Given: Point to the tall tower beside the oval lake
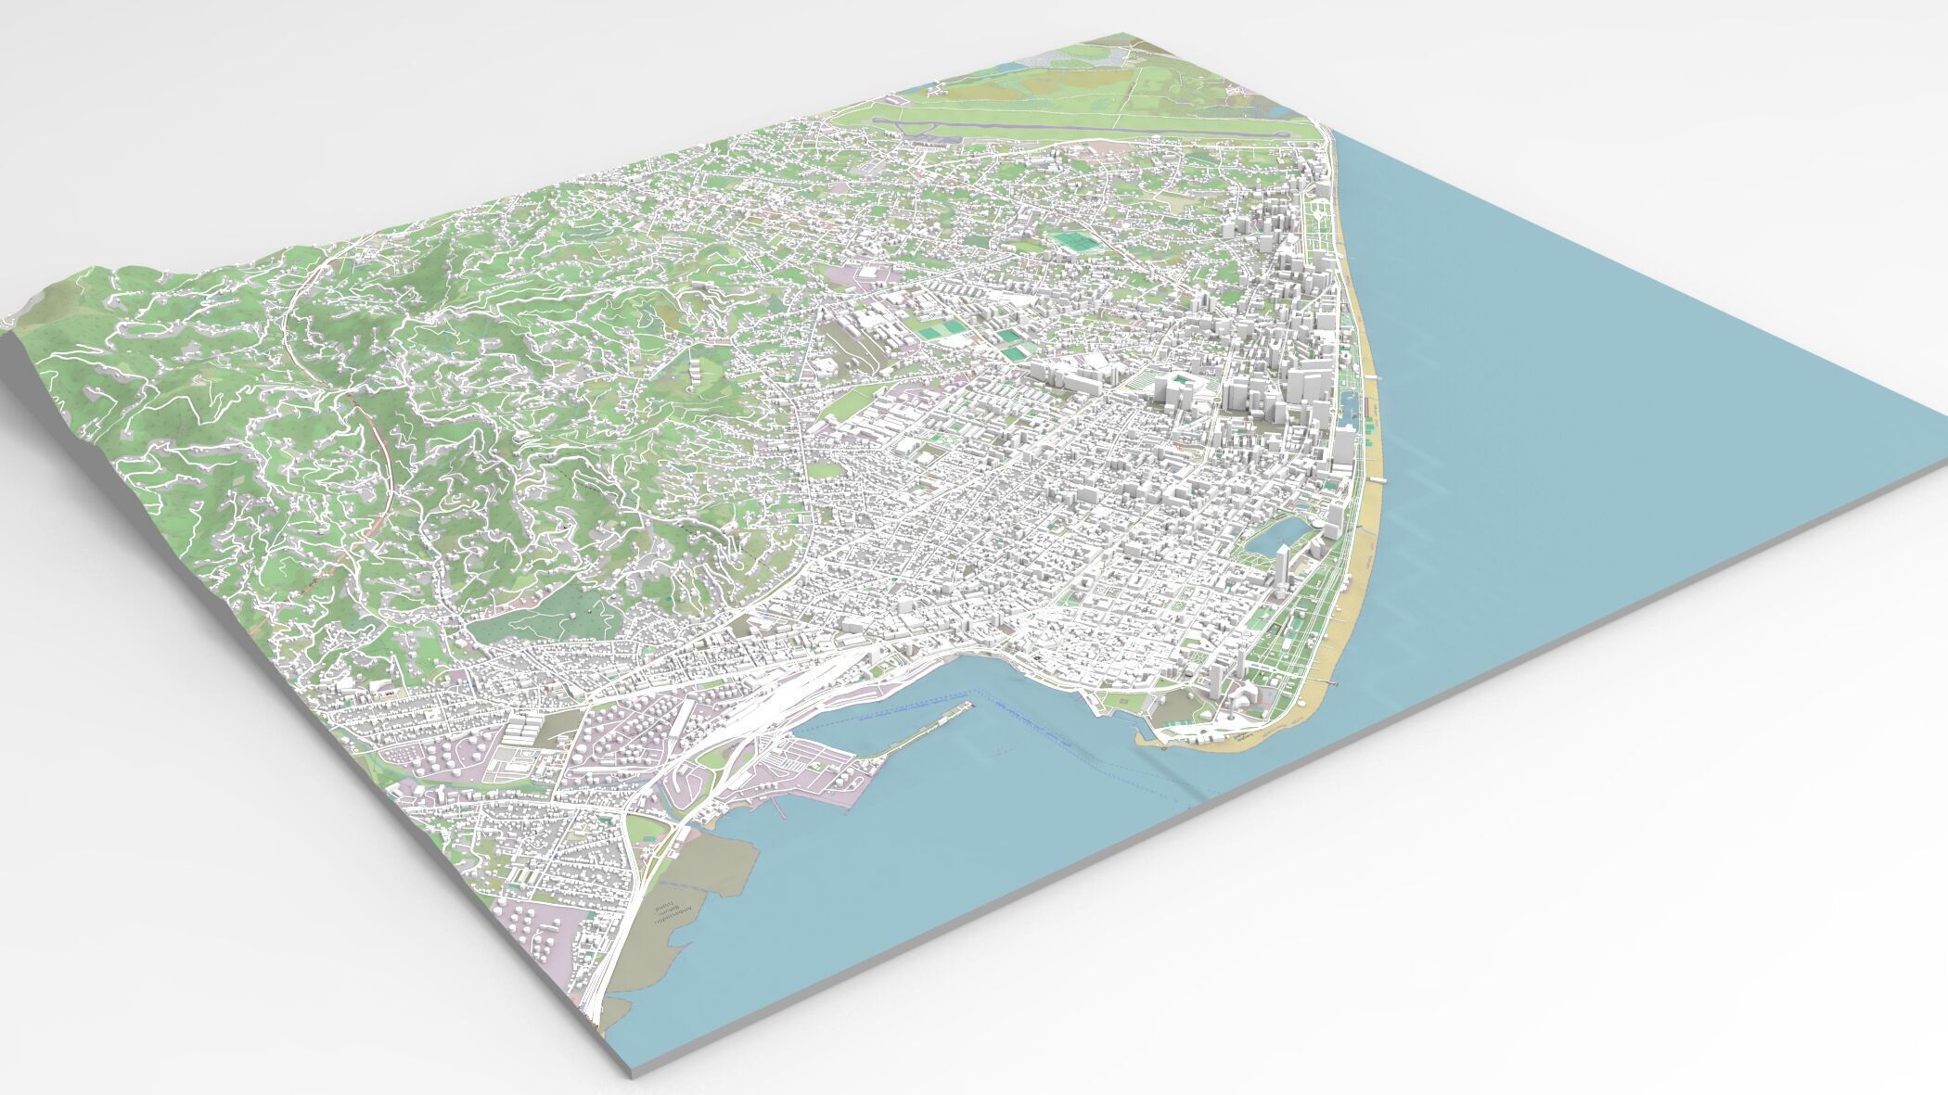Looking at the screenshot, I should (x=1282, y=568).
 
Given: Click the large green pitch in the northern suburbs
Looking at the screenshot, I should (x=1073, y=244).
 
